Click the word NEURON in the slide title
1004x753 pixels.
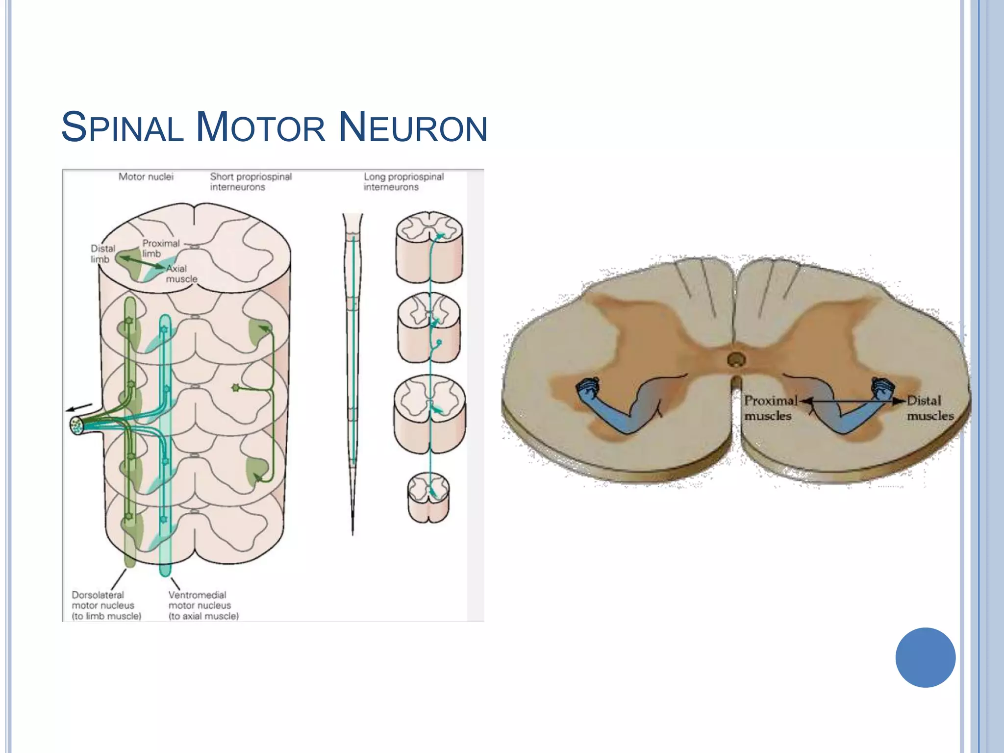413,127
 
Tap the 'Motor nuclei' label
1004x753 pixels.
146,176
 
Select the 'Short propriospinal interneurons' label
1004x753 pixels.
251,181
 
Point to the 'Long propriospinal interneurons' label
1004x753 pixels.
403,181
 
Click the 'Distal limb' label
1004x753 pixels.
103,253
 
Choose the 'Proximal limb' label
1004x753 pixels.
161,248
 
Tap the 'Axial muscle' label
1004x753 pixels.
181,274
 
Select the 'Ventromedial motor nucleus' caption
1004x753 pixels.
203,605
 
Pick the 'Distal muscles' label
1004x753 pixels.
929,408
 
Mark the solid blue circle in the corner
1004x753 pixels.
925,657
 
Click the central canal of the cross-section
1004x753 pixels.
736,360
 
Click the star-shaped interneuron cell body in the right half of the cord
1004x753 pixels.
236,388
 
